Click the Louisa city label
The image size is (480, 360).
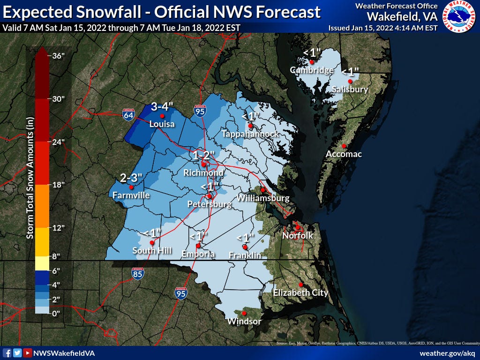click(x=162, y=124)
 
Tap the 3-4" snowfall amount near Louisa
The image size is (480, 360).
click(x=162, y=107)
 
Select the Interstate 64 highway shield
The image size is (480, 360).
click(x=127, y=114)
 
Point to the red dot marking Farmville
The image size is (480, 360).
click(x=131, y=187)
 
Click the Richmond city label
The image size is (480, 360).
click(x=203, y=173)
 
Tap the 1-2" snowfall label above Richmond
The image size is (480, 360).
click(x=203, y=155)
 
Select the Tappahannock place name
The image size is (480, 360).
click(x=250, y=134)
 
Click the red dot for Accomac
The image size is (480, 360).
click(x=344, y=146)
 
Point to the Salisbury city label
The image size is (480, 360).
click(x=350, y=90)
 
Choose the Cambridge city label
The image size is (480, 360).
click(x=312, y=70)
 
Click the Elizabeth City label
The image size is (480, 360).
click(x=300, y=293)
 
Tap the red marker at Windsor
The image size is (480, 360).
click(x=244, y=313)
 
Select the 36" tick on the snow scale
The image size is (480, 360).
click(x=58, y=56)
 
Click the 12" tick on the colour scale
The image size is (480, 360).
click(x=58, y=228)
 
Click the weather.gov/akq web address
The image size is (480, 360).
click(x=447, y=353)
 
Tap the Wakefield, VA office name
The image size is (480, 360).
click(x=402, y=16)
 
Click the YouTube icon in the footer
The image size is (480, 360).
click(x=28, y=353)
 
